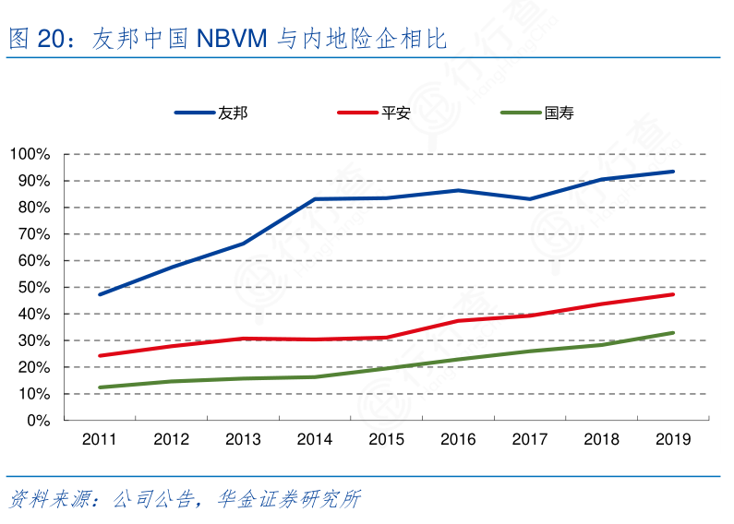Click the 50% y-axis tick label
(x=32, y=288)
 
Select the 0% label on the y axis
(x=37, y=421)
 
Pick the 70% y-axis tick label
(x=32, y=234)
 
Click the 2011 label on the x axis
(x=99, y=440)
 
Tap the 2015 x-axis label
(x=386, y=440)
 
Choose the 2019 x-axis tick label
(x=673, y=440)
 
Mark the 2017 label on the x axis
(x=529, y=440)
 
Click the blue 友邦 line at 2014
(x=315, y=198)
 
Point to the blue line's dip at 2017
(x=529, y=198)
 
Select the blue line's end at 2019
(x=673, y=172)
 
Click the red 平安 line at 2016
(x=458, y=320)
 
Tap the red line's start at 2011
(x=100, y=355)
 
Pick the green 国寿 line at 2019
(x=673, y=333)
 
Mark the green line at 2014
(x=315, y=376)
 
